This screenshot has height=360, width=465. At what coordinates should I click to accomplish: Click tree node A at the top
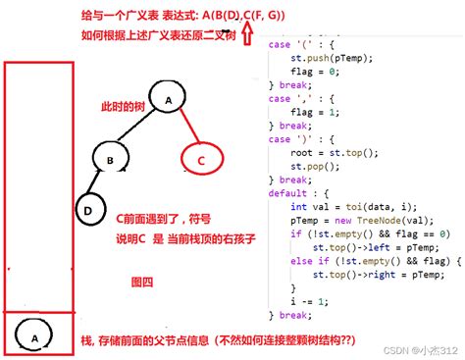(x=168, y=101)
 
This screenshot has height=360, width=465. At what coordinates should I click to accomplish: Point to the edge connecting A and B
(x=139, y=129)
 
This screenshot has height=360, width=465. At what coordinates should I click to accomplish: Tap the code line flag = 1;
(x=323, y=111)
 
